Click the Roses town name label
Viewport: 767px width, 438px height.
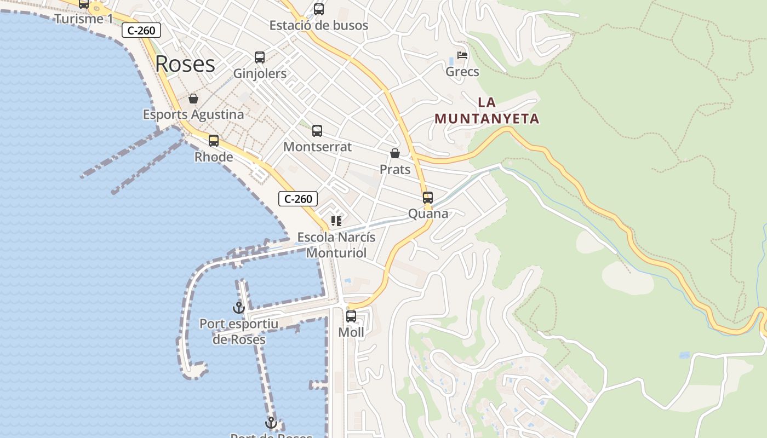click(185, 64)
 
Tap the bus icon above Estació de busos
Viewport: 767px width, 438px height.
click(319, 9)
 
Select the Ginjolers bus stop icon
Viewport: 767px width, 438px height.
click(260, 57)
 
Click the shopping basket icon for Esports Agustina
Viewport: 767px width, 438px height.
click(193, 99)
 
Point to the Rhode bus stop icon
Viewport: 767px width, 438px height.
click(214, 141)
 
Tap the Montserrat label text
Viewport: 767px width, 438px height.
click(317, 147)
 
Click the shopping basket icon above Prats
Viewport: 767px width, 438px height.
click(395, 153)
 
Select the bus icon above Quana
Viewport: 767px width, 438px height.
click(428, 198)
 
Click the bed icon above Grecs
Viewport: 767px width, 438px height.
click(462, 56)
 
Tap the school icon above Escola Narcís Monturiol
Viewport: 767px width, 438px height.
click(336, 221)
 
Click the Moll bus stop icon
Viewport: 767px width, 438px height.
click(351, 316)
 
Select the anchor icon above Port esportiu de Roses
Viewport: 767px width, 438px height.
click(238, 308)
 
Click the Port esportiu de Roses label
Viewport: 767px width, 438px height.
click(239, 332)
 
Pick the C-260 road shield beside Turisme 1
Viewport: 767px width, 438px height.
click(141, 31)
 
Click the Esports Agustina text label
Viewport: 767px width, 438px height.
click(193, 115)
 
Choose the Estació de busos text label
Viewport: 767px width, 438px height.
click(319, 25)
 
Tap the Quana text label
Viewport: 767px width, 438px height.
click(428, 214)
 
